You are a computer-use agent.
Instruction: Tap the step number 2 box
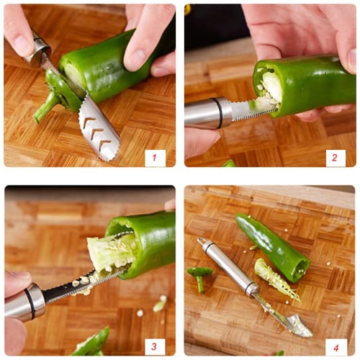tap(336, 158)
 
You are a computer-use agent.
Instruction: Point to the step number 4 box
tap(336, 346)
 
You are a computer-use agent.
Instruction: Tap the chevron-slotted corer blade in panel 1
tap(98, 128)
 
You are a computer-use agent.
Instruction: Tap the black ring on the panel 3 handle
tap(31, 303)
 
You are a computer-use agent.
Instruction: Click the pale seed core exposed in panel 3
tap(108, 252)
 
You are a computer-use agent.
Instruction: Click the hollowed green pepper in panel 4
tap(270, 245)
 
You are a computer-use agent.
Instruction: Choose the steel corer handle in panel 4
tap(227, 266)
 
